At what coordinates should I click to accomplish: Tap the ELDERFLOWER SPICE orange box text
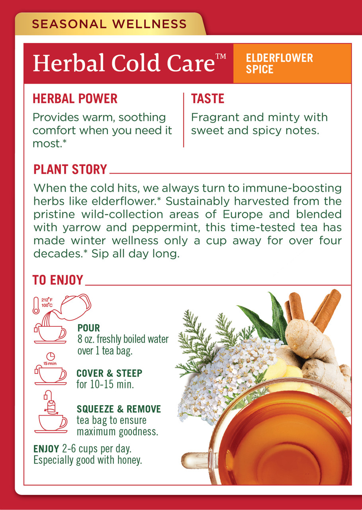click(x=280, y=64)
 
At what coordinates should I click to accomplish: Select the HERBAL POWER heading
click(x=75, y=99)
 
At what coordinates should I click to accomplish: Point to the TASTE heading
click(x=207, y=99)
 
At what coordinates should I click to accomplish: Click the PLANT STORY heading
click(x=70, y=169)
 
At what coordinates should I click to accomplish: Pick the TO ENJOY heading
click(x=58, y=280)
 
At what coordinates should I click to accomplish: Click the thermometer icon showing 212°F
click(x=37, y=306)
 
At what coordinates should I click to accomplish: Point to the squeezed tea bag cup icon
click(x=51, y=414)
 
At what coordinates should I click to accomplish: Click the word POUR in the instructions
click(x=89, y=328)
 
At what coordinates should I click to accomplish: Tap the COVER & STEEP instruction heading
click(x=109, y=374)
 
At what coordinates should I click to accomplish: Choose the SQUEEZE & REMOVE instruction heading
click(x=119, y=409)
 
